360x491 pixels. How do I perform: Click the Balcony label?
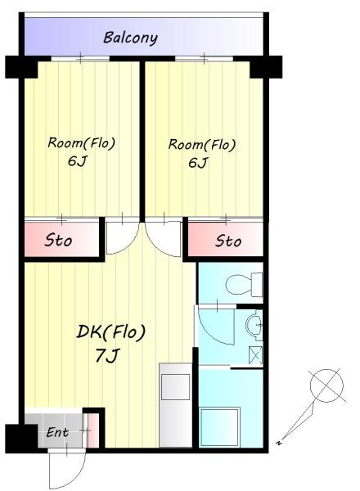pyautogui.click(x=130, y=38)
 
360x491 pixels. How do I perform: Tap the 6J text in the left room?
pyautogui.click(x=77, y=161)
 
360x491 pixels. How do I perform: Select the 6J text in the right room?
pyautogui.click(x=198, y=163)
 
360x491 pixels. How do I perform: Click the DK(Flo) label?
pyautogui.click(x=111, y=332)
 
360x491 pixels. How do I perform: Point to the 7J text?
pyautogui.click(x=107, y=356)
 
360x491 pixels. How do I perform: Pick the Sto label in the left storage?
pyautogui.click(x=58, y=241)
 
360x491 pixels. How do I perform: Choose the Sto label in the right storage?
pyautogui.click(x=228, y=241)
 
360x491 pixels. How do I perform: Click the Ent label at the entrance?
pyautogui.click(x=57, y=432)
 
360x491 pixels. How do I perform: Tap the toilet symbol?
pyautogui.click(x=244, y=284)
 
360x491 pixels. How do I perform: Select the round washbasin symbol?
pyautogui.click(x=254, y=325)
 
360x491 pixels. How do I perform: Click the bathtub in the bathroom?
pyautogui.click(x=220, y=426)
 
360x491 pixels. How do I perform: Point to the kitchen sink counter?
pyautogui.click(x=175, y=405)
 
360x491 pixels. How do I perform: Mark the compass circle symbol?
pyautogui.click(x=326, y=385)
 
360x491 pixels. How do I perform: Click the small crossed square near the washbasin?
pyautogui.click(x=255, y=355)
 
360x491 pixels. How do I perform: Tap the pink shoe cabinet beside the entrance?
pyautogui.click(x=92, y=431)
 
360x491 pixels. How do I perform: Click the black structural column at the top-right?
pyautogui.click(x=266, y=67)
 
